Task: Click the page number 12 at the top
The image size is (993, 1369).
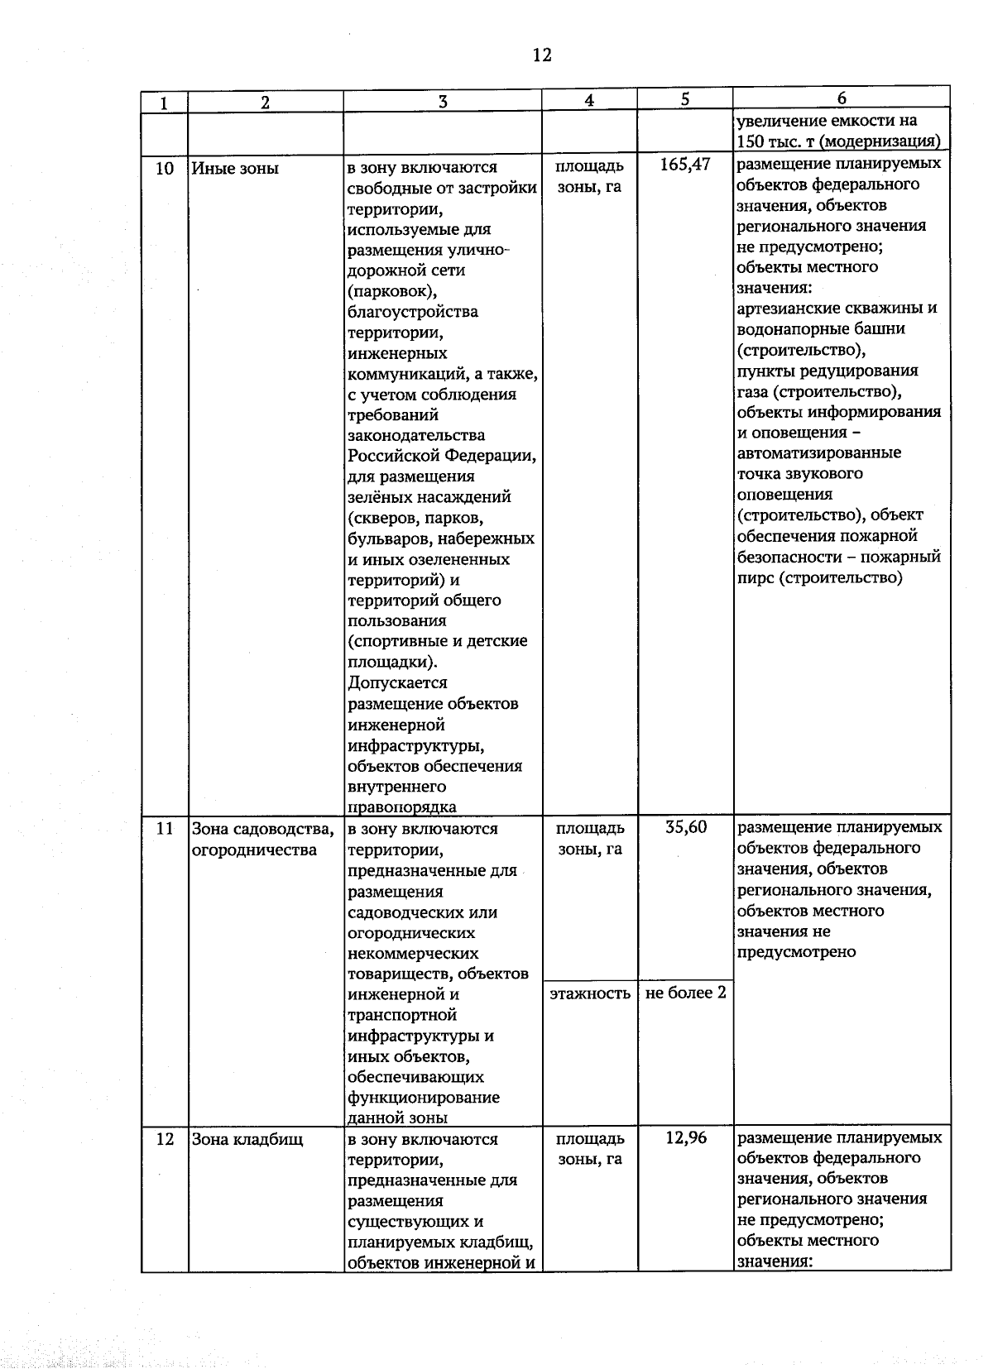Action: (x=542, y=55)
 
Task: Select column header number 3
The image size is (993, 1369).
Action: (x=443, y=102)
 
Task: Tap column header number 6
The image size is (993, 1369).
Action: (x=842, y=98)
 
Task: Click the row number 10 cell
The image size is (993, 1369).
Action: (x=165, y=168)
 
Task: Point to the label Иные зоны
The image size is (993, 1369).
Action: (x=235, y=168)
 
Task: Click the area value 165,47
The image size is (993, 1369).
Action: (x=685, y=165)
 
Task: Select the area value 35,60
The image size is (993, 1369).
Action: (x=686, y=827)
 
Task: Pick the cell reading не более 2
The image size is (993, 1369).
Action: (x=685, y=992)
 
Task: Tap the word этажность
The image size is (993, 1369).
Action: (x=590, y=993)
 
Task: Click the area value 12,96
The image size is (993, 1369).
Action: (x=686, y=1138)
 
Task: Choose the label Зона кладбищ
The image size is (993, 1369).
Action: (x=247, y=1139)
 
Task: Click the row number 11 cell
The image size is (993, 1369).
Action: (x=165, y=828)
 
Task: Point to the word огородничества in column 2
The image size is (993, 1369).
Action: (x=253, y=850)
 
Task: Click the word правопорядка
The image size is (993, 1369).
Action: (x=401, y=807)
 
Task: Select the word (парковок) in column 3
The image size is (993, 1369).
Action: (x=392, y=291)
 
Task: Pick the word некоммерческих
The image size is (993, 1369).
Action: (x=413, y=953)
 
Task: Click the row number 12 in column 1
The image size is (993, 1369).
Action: (x=165, y=1139)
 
